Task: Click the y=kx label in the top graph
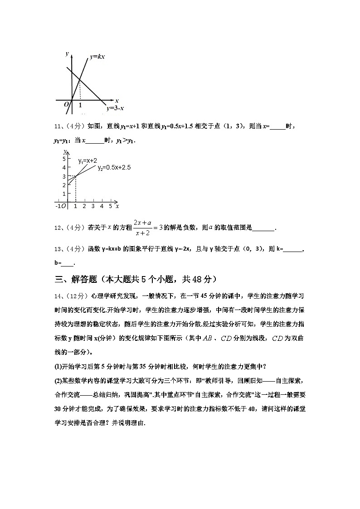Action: point(97,57)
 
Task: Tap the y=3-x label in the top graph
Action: point(116,108)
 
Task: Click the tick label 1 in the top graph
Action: point(80,105)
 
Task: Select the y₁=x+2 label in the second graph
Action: point(87,161)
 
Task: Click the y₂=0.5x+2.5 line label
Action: point(114,168)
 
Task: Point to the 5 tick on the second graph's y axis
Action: point(64,159)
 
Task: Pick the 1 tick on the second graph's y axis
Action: point(64,194)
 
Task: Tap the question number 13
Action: point(58,249)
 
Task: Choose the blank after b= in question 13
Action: point(67,262)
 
